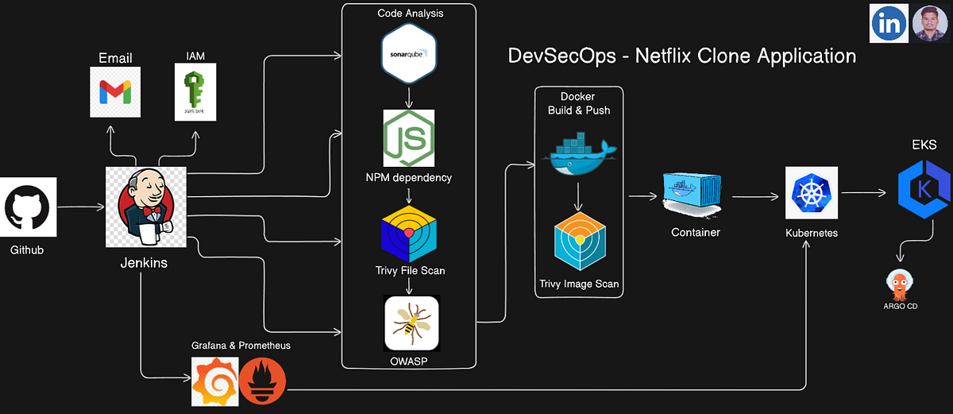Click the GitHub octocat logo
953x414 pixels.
point(29,207)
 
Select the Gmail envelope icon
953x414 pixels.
point(114,93)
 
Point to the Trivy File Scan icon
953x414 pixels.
point(409,234)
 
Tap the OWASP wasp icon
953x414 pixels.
point(411,323)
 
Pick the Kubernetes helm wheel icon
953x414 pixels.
point(808,192)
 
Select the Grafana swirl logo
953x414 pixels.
point(214,381)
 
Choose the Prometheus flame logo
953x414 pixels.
point(262,381)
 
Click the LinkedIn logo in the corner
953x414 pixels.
point(889,24)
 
